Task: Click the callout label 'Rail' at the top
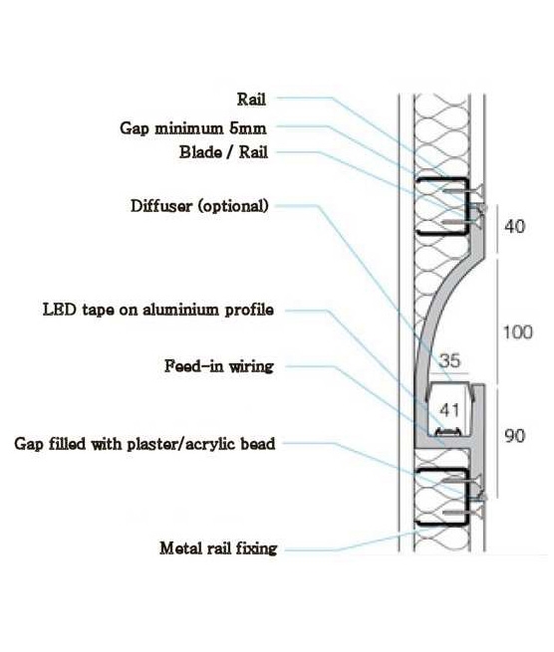tap(251, 100)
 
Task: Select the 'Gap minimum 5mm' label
tap(193, 128)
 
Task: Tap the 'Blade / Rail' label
tap(223, 152)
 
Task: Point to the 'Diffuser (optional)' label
tap(199, 206)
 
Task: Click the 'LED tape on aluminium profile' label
tap(158, 310)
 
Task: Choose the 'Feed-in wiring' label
tap(219, 366)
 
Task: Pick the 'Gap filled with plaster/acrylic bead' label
tap(144, 444)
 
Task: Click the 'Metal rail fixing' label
tap(218, 548)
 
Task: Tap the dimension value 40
tap(514, 227)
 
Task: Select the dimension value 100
tap(518, 332)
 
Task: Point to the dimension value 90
tap(515, 436)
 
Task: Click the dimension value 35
tap(449, 360)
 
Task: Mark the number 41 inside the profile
tap(449, 410)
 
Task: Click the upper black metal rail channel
tap(417, 206)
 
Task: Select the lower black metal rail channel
tap(417, 497)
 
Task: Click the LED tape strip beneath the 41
tap(447, 431)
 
